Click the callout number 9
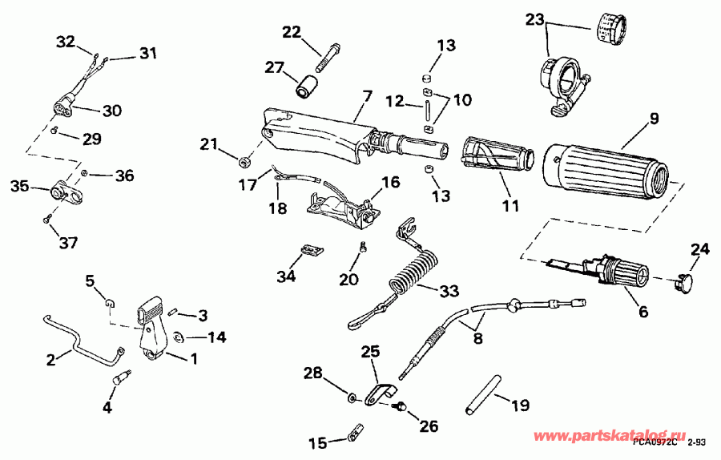pos(655,119)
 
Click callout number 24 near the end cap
pos(700,249)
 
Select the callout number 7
pos(366,97)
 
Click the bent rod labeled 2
pos(80,345)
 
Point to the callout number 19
pos(520,406)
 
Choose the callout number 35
pos(20,188)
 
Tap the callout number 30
pos(111,111)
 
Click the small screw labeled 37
pos(48,216)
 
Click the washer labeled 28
pos(352,397)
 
